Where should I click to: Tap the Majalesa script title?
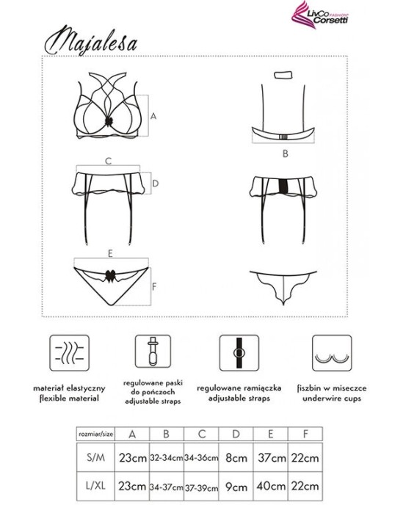[91, 41]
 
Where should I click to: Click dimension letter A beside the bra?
[153, 116]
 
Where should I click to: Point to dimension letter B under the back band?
[285, 153]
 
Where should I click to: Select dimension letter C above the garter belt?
[108, 161]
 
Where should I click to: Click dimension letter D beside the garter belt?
[156, 184]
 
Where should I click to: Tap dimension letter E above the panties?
[110, 253]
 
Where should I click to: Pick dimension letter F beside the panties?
[154, 286]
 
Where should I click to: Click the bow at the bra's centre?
[109, 121]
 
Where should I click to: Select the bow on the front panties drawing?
[110, 276]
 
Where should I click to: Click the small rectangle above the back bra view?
[283, 76]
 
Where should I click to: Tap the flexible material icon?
[69, 352]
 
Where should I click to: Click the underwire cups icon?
[332, 352]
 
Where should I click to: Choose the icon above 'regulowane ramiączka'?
[239, 352]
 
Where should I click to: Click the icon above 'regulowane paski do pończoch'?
[153, 351]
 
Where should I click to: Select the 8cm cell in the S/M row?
[236, 457]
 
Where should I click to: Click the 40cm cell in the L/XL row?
[271, 486]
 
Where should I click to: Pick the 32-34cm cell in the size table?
[167, 457]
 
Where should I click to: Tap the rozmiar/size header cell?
[95, 434]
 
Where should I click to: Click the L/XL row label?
[95, 486]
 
